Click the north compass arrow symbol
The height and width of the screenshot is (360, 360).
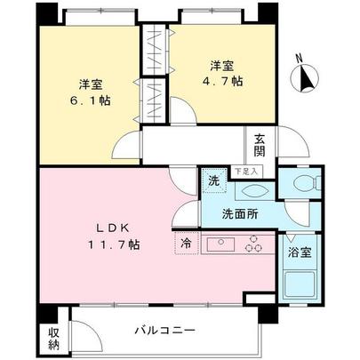(x=305, y=76)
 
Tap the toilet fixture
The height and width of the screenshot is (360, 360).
(x=307, y=182)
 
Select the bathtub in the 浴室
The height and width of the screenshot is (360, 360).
(x=299, y=284)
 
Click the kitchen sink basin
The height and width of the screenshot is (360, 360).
(x=220, y=245)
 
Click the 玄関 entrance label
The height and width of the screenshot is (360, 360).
(x=259, y=146)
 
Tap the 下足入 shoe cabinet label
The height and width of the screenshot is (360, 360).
(x=246, y=171)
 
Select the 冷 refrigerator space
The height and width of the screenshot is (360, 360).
(x=187, y=243)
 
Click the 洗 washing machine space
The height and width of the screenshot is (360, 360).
(x=214, y=180)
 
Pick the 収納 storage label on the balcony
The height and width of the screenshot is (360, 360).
(x=54, y=339)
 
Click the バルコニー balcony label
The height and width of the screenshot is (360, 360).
(x=165, y=330)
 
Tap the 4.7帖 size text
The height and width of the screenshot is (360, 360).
(x=222, y=81)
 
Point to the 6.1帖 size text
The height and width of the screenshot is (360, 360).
(x=91, y=100)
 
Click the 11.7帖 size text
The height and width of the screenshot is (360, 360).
(x=114, y=244)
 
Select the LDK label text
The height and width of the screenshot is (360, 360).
(x=113, y=228)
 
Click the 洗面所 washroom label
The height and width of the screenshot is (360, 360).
(x=240, y=213)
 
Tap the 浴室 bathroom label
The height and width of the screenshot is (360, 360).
(x=300, y=252)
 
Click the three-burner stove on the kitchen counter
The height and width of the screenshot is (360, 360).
(x=253, y=244)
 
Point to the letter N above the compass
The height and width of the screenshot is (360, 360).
(x=300, y=58)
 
